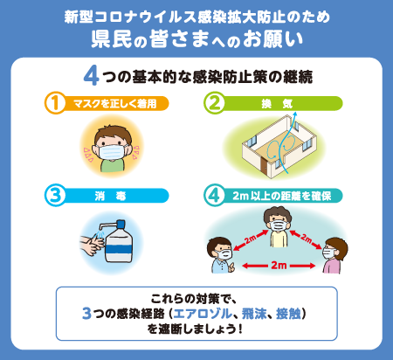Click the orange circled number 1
tap(55, 103)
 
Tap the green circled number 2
tap(215, 103)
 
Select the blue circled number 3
tap(55, 195)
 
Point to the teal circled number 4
tap(215, 195)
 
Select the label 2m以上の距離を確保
tap(284, 196)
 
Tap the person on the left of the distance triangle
tap(221, 259)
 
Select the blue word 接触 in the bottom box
tap(285, 313)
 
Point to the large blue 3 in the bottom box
tap(86, 313)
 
